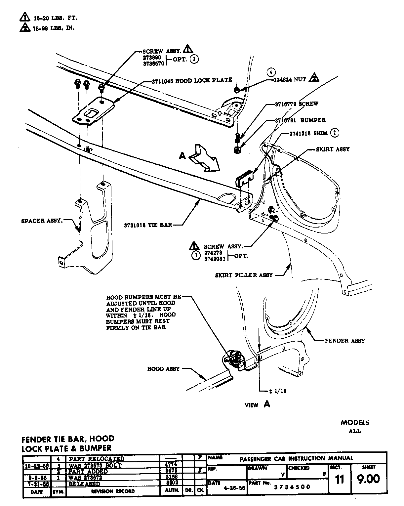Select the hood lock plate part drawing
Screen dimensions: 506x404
coord(93,111)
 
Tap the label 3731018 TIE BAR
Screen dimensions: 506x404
coord(148,225)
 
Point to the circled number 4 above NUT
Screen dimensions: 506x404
coord(271,72)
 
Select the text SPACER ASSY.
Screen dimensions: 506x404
coord(42,221)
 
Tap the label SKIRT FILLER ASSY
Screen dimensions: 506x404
coord(244,275)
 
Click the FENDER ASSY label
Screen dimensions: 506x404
coord(344,341)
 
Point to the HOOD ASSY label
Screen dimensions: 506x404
coord(163,369)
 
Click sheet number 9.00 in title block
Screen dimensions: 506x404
coord(369,479)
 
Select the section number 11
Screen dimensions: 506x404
coord(340,479)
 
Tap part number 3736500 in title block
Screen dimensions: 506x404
coord(292,487)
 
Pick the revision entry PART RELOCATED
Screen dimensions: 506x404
coord(96,459)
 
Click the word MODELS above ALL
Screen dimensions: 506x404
coord(355,422)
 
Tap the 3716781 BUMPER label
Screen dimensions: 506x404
coord(300,120)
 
